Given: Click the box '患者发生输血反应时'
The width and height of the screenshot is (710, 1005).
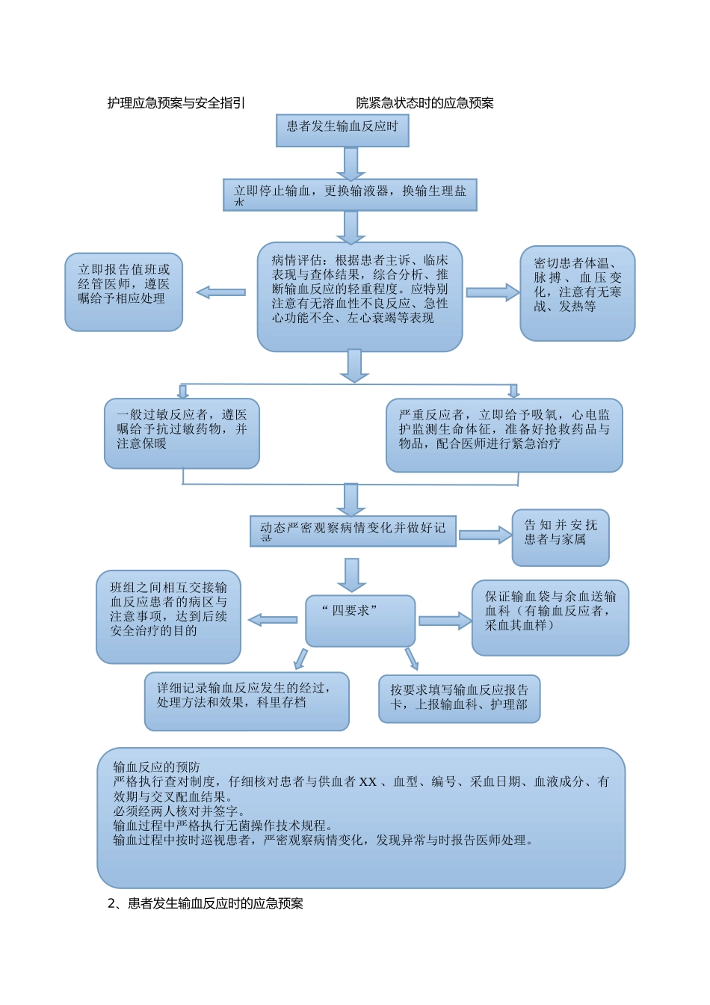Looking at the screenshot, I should (342, 130).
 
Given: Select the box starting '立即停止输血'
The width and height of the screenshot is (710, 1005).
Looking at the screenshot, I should (350, 194).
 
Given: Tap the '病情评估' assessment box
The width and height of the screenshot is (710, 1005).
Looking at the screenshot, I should (359, 296).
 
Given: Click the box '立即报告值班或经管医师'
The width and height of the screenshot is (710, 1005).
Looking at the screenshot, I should (123, 292).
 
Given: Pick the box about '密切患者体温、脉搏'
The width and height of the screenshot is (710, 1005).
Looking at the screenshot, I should (577, 293).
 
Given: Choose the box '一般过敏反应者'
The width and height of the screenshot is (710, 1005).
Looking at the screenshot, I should (182, 434).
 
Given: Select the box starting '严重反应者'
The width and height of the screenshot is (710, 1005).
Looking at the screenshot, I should (504, 435).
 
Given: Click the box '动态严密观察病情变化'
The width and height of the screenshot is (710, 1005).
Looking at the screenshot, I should (353, 531).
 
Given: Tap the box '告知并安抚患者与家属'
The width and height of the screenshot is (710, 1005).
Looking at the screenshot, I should (560, 538).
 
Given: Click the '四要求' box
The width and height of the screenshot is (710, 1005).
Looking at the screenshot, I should (360, 620).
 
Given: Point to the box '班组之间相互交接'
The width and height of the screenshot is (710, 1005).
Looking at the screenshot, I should (168, 617).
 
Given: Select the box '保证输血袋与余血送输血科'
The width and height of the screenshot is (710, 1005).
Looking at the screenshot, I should (550, 618).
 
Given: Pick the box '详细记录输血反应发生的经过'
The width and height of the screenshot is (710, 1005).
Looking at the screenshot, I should (247, 701).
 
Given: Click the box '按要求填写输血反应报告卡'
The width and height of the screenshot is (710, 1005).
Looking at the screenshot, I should (459, 699).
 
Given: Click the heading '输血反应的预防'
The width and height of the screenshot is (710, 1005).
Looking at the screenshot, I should (157, 767).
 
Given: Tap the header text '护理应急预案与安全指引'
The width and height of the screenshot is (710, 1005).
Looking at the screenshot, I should (176, 103).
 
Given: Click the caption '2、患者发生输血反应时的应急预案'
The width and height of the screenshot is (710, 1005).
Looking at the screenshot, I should (206, 903).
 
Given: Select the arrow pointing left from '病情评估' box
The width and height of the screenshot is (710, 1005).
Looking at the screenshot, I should (220, 292).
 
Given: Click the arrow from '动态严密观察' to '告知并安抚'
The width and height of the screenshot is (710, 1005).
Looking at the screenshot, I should (484, 535).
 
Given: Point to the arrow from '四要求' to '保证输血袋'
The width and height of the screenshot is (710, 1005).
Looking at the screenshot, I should (445, 621).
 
